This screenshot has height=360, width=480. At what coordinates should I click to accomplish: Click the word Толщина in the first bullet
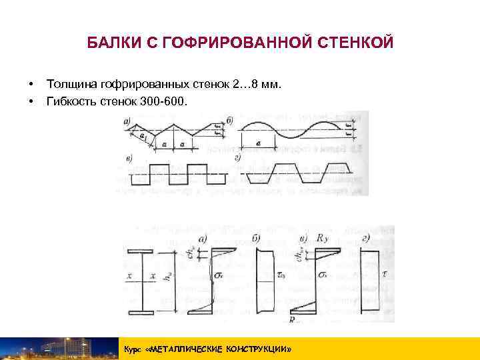[71, 85]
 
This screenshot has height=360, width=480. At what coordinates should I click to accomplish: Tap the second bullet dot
[31, 103]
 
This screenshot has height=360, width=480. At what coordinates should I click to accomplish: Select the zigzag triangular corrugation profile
[173, 129]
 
